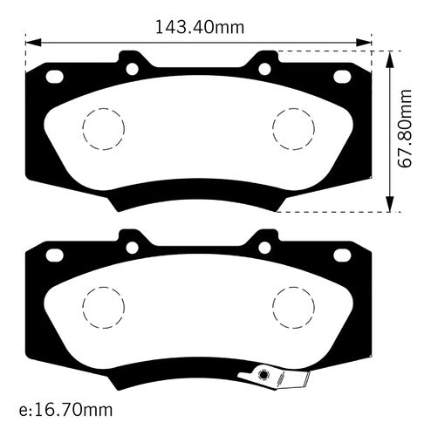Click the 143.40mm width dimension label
pos(200,28)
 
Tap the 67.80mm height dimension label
pos(405,128)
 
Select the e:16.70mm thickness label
pos(65,410)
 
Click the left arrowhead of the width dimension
pos(33,43)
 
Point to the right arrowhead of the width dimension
pos(364,43)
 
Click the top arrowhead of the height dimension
pos(390,59)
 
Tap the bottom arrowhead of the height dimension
pos(390,204)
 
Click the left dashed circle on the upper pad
pos(104,108)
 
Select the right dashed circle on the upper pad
pos(294,108)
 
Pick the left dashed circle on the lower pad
pos(104,287)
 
